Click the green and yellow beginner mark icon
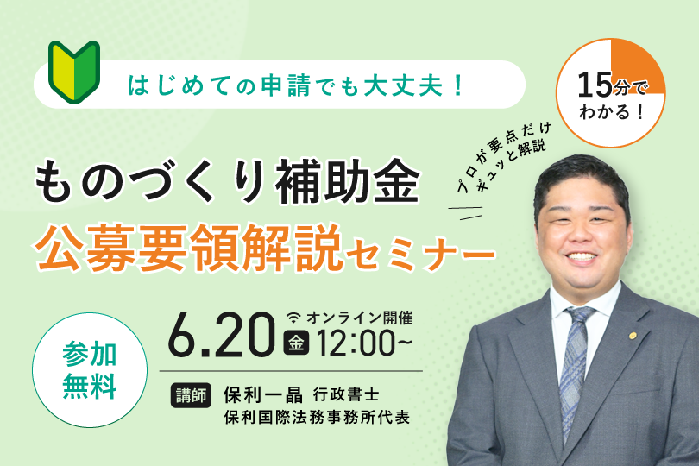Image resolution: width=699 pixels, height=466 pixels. tap(74, 72)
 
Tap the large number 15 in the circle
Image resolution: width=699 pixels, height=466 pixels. tap(595, 85)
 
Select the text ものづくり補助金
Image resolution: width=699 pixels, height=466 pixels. tap(227, 181)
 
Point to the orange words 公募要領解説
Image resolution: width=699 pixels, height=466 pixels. tap(189, 247)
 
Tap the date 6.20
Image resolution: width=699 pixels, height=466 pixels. tap(222, 335)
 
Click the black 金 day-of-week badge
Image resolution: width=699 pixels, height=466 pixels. tap(296, 343)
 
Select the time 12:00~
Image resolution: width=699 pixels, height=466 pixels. tap(364, 343)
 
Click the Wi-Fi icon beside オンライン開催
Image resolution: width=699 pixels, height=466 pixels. tap(293, 318)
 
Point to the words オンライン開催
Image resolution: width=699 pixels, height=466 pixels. tap(359, 318)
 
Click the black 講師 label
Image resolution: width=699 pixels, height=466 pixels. tap(191, 395)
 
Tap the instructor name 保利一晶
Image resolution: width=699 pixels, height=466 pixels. tap(263, 394)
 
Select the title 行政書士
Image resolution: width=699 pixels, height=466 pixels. tap(346, 394)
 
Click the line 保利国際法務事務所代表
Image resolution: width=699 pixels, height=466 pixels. tap(317, 418)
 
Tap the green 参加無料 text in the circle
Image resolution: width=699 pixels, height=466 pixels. tap(90, 370)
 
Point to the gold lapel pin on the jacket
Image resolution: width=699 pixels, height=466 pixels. tap(633, 336)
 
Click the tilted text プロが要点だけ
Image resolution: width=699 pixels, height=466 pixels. tap(504, 157)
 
